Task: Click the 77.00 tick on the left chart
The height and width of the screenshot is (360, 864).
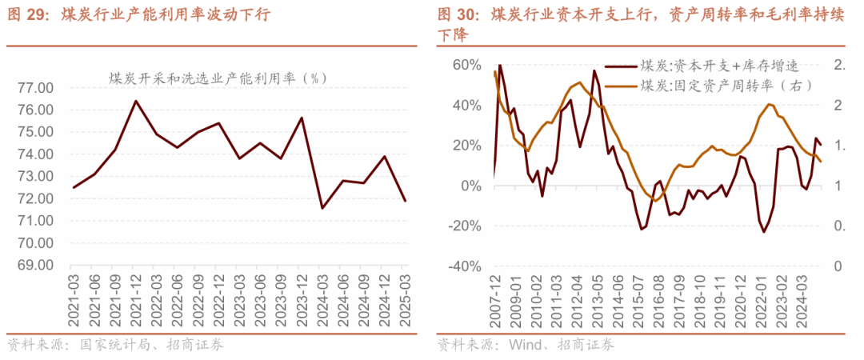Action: click(34, 87)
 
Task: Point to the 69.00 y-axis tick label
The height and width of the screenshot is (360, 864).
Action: click(34, 265)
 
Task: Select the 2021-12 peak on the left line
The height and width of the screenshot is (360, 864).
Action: click(135, 101)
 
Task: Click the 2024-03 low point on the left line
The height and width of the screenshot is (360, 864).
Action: click(322, 208)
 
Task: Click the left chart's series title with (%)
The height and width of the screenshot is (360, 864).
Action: click(218, 78)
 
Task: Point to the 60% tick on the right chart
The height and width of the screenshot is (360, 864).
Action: click(465, 65)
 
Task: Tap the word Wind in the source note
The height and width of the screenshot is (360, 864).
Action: click(521, 346)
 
